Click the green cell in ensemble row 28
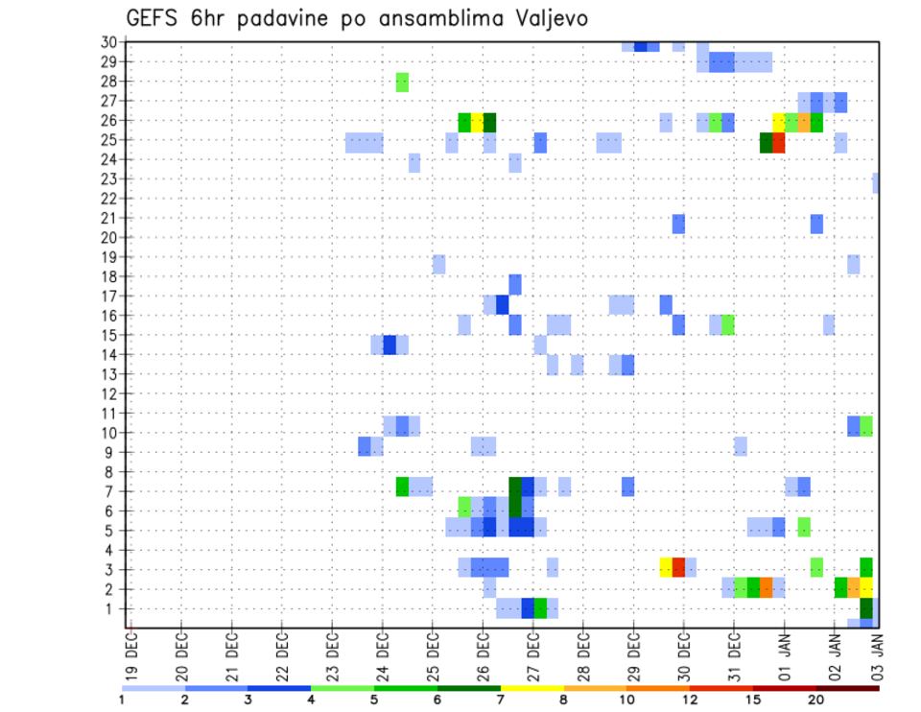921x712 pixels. coord(402,82)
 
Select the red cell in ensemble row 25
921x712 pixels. coord(779,142)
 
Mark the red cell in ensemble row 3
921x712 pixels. coord(678,566)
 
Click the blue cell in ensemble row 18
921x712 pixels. coord(515,284)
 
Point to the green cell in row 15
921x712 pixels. coord(728,323)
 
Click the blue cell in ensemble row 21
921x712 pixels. coord(678,223)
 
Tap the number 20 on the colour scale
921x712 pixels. coord(816,699)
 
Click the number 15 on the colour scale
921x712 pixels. coord(753,699)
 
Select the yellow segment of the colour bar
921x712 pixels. coord(531,687)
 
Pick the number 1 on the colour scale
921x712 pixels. coord(122,699)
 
